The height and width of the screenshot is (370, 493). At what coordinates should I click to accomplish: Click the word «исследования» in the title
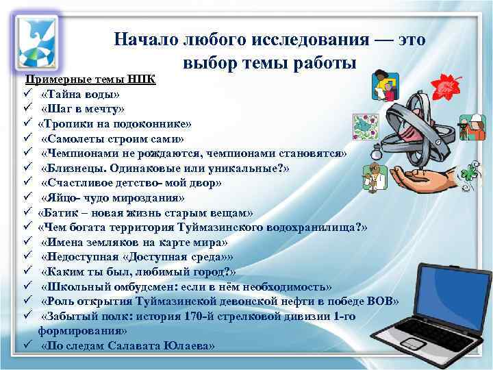click(x=310, y=40)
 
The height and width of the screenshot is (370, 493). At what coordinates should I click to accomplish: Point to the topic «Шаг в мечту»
click(x=83, y=109)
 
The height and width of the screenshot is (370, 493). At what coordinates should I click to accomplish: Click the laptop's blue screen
click(x=446, y=295)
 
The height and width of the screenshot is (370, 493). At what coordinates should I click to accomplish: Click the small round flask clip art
click(x=373, y=175)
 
